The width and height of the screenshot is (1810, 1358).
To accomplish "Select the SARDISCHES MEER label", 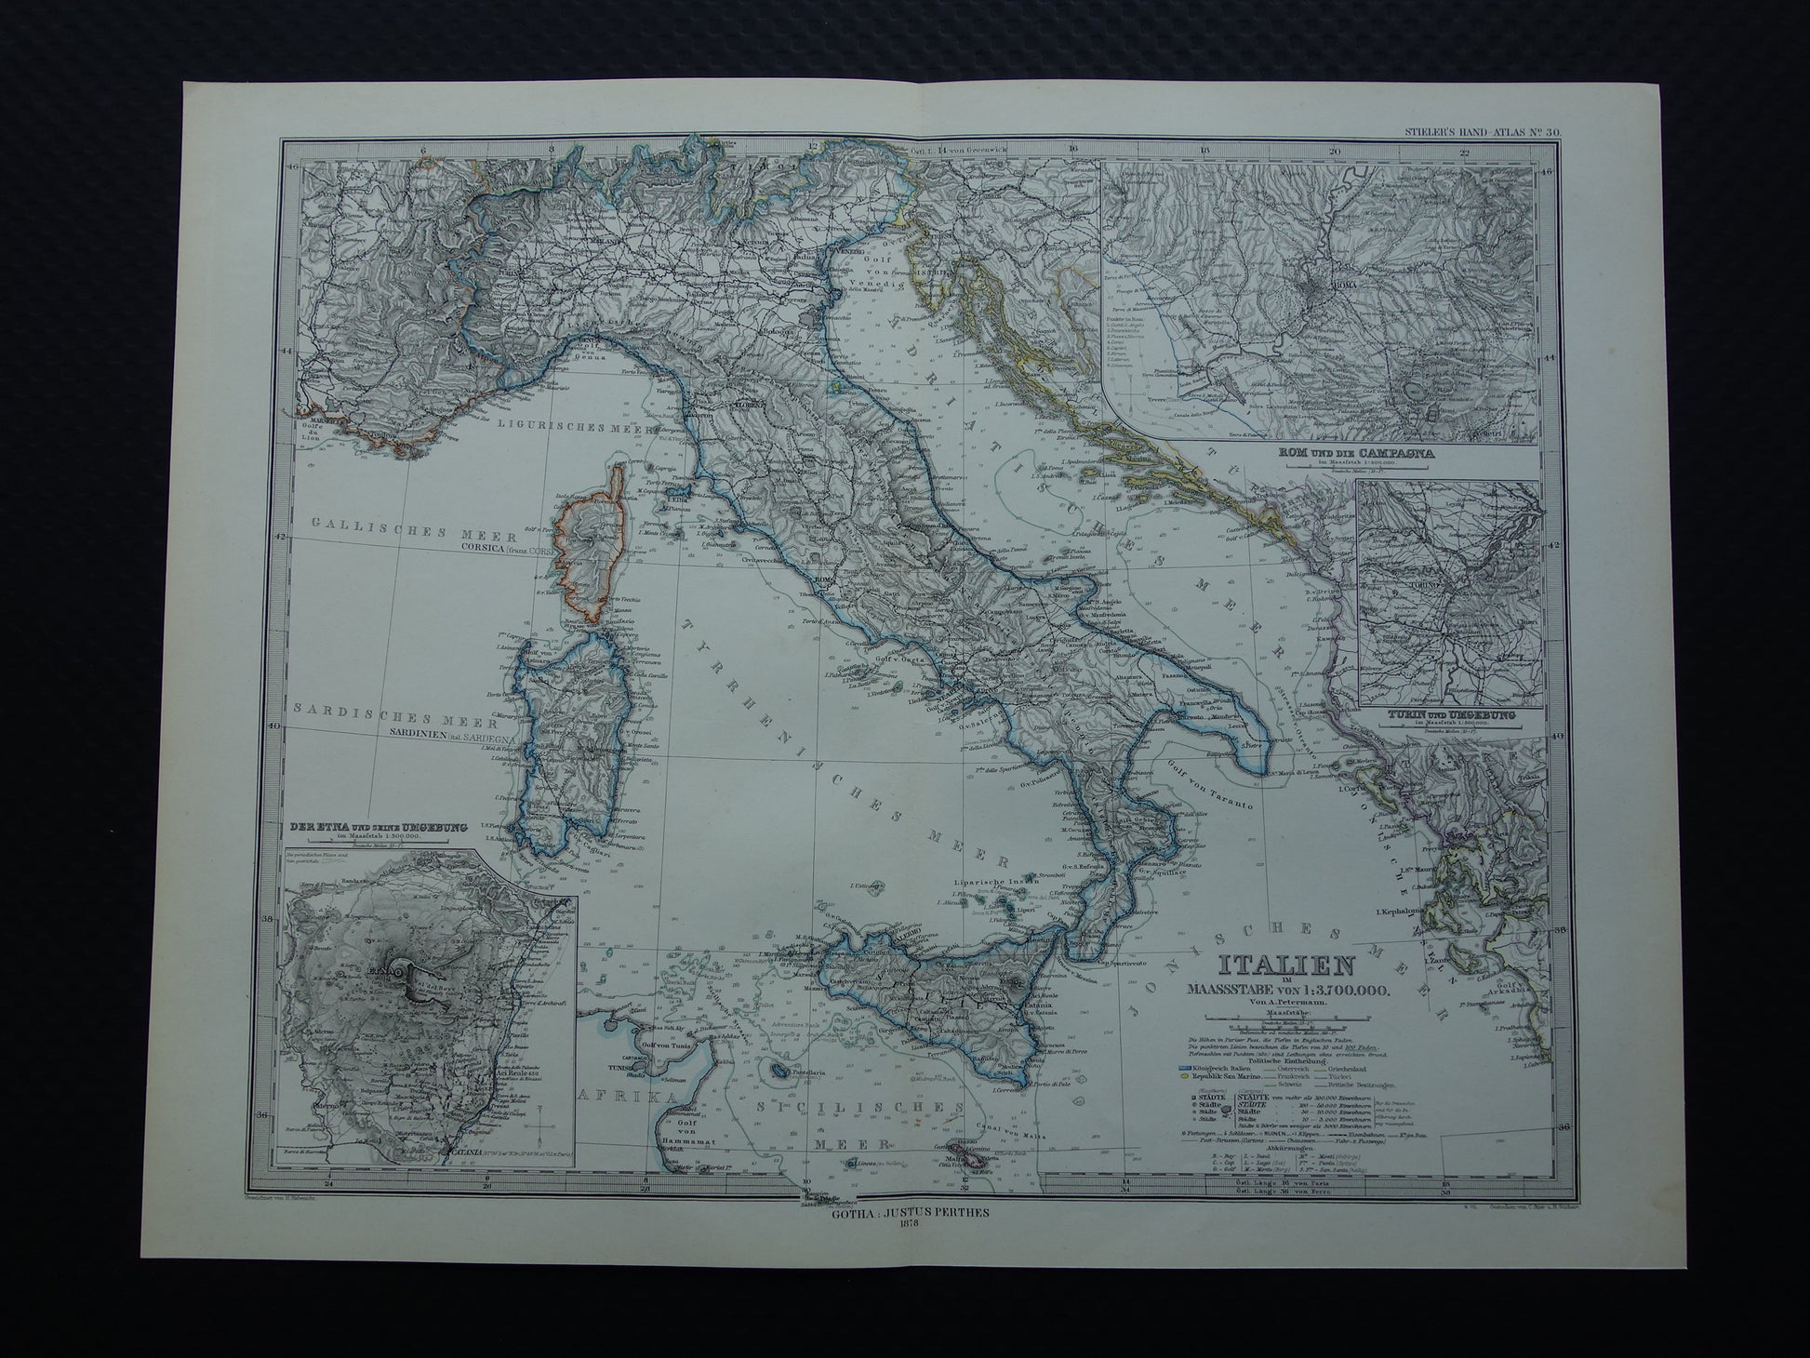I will tap(378, 707).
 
